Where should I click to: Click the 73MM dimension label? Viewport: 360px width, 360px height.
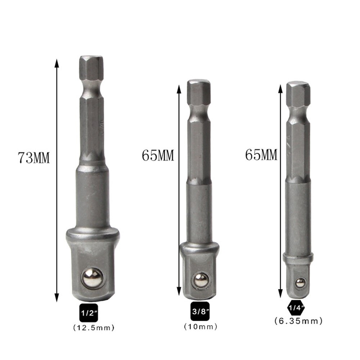(x=34, y=158)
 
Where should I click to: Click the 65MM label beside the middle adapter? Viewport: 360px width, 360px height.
(x=158, y=156)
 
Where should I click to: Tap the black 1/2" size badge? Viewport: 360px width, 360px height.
(x=89, y=312)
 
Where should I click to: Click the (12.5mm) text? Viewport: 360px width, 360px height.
(x=94, y=328)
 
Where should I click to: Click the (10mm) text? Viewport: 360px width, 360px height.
(x=201, y=327)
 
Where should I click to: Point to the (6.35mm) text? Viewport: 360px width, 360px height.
(x=298, y=320)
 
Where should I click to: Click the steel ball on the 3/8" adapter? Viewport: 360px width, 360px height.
(x=201, y=280)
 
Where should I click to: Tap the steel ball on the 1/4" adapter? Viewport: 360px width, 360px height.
(x=298, y=283)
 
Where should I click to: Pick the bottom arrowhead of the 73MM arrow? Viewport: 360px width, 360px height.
(x=57, y=297)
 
